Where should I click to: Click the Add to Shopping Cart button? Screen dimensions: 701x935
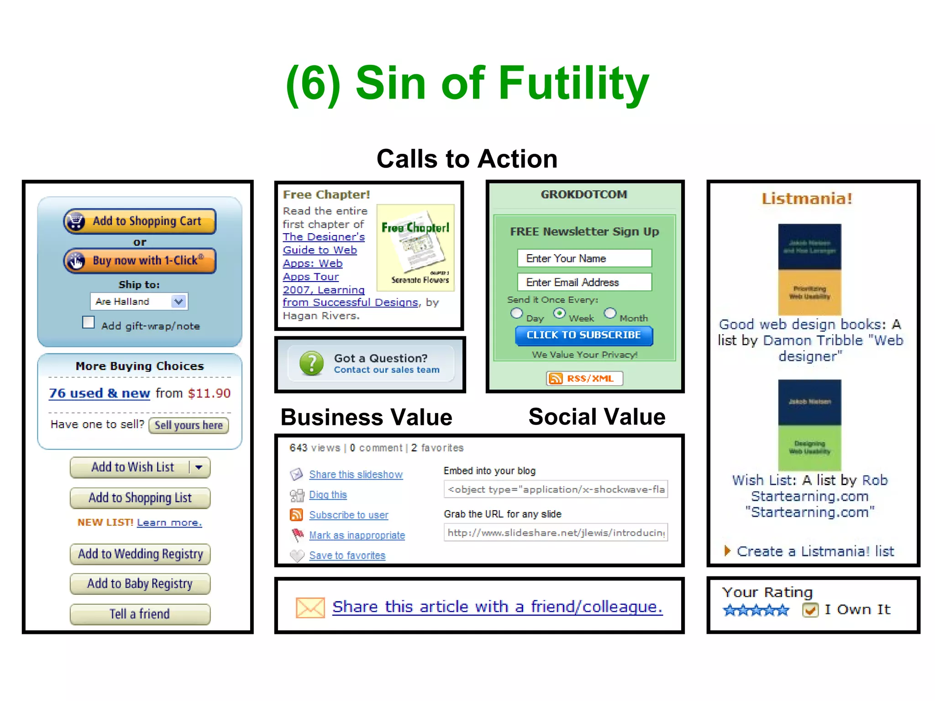140,221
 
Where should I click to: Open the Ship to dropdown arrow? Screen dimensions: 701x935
179,301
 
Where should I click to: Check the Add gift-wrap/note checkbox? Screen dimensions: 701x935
89,323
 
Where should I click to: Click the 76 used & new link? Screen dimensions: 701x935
100,393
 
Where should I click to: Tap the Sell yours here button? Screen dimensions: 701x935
189,425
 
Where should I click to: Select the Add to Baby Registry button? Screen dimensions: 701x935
140,584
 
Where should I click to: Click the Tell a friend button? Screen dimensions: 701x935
140,614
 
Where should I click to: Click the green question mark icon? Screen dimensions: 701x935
311,363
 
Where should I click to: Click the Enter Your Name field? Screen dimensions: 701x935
584,258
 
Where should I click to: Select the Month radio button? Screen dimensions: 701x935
610,313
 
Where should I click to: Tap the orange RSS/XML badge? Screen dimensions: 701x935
584,378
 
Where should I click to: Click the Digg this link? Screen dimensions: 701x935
328,495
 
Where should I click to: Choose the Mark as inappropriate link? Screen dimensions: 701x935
357,535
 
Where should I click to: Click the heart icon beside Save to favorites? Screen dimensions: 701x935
297,555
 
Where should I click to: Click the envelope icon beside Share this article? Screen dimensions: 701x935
310,607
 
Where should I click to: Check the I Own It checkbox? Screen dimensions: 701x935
810,610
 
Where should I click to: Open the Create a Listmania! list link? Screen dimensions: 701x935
815,551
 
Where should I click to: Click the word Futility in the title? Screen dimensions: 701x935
573,83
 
